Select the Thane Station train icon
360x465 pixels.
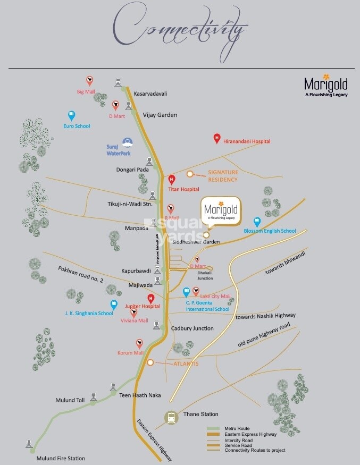(x=172, y=417)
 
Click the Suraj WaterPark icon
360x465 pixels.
(x=127, y=142)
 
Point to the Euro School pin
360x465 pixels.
(x=72, y=115)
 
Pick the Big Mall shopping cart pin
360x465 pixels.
(x=90, y=81)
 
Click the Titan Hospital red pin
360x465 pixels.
(x=171, y=180)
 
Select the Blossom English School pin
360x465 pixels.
(x=257, y=221)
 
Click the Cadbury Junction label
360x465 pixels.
(x=192, y=328)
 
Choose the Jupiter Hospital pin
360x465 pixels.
(x=151, y=298)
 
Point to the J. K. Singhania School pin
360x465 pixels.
(x=114, y=305)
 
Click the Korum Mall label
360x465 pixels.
(x=131, y=353)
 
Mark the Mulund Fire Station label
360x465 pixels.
(x=60, y=458)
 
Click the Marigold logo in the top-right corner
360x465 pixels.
(x=325, y=86)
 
